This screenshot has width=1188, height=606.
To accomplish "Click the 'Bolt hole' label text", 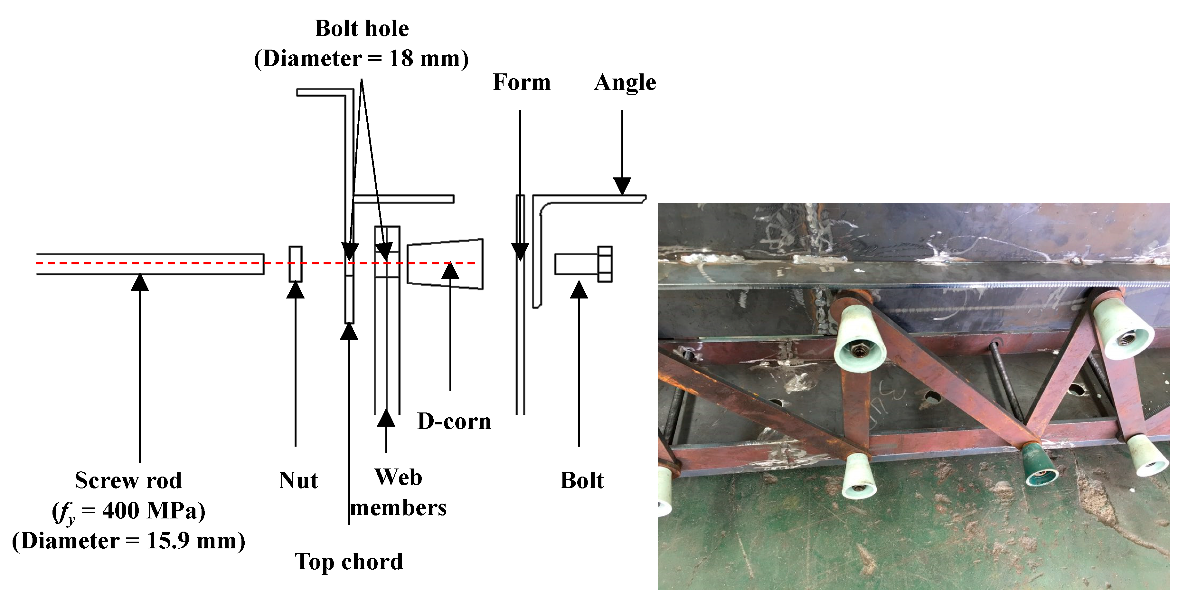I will (x=362, y=29).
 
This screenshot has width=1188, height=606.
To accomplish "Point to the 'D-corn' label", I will (x=454, y=421).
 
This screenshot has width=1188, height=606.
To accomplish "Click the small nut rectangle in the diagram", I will (x=295, y=264).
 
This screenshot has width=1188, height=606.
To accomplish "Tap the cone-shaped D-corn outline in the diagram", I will (x=445, y=264).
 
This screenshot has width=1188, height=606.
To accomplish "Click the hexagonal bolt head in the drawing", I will (x=605, y=264).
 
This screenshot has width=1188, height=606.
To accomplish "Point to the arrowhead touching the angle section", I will (x=622, y=186).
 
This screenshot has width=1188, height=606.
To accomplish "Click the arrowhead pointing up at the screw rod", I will (x=140, y=282).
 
